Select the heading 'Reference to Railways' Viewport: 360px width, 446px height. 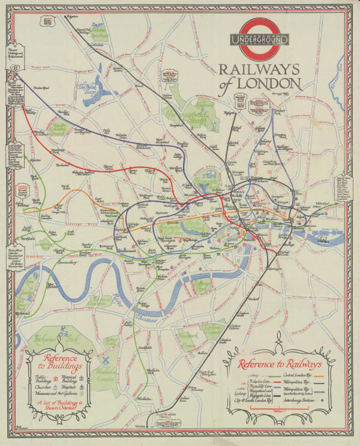point(278,364)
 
